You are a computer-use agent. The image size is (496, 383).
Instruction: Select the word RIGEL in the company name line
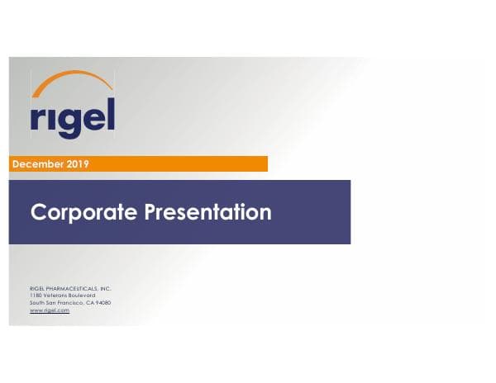pos(38,288)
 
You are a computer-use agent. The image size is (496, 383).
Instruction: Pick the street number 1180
pos(36,296)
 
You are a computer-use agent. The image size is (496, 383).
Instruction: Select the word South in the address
pos(37,303)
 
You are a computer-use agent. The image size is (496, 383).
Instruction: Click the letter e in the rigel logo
pos(92,121)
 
